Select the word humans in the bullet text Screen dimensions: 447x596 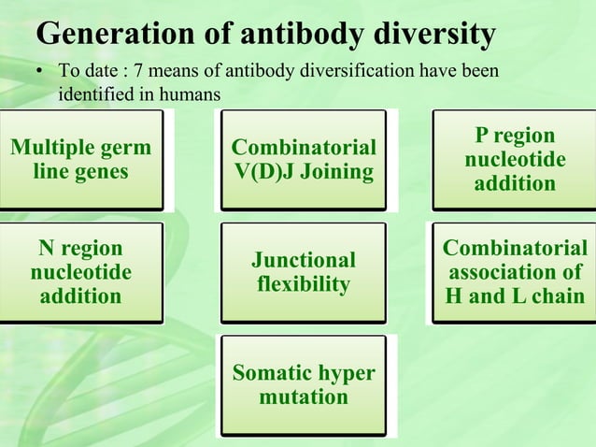click(x=191, y=94)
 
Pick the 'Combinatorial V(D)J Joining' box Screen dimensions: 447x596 click(x=304, y=160)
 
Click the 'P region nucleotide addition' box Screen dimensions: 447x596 click(x=515, y=160)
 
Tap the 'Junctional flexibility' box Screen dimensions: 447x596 click(x=304, y=272)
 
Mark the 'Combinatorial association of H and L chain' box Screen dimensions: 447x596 click(x=515, y=272)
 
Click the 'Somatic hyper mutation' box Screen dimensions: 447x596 click(x=304, y=384)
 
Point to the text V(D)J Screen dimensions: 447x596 click(x=266, y=172)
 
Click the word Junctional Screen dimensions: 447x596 click(x=304, y=260)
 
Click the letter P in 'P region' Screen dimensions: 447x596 click(x=482, y=136)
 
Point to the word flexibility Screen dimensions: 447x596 click(x=304, y=284)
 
